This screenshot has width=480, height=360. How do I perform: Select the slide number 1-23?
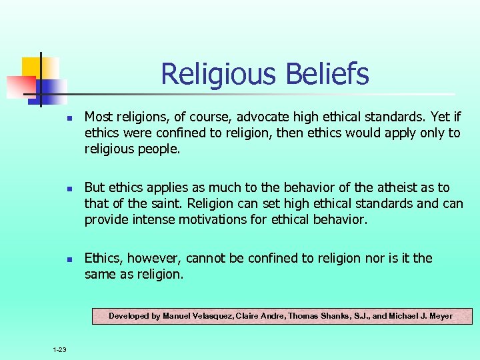pos(59,349)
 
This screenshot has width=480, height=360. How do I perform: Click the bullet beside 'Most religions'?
pos(68,119)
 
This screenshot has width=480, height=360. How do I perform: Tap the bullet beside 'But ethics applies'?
pos(68,189)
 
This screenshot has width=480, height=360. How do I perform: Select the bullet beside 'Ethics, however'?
pos(68,259)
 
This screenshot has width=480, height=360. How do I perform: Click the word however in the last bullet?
pos(154,258)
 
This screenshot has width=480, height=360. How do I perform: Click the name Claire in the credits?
pos(251,316)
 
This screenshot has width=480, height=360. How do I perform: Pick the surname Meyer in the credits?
pos(439,316)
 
